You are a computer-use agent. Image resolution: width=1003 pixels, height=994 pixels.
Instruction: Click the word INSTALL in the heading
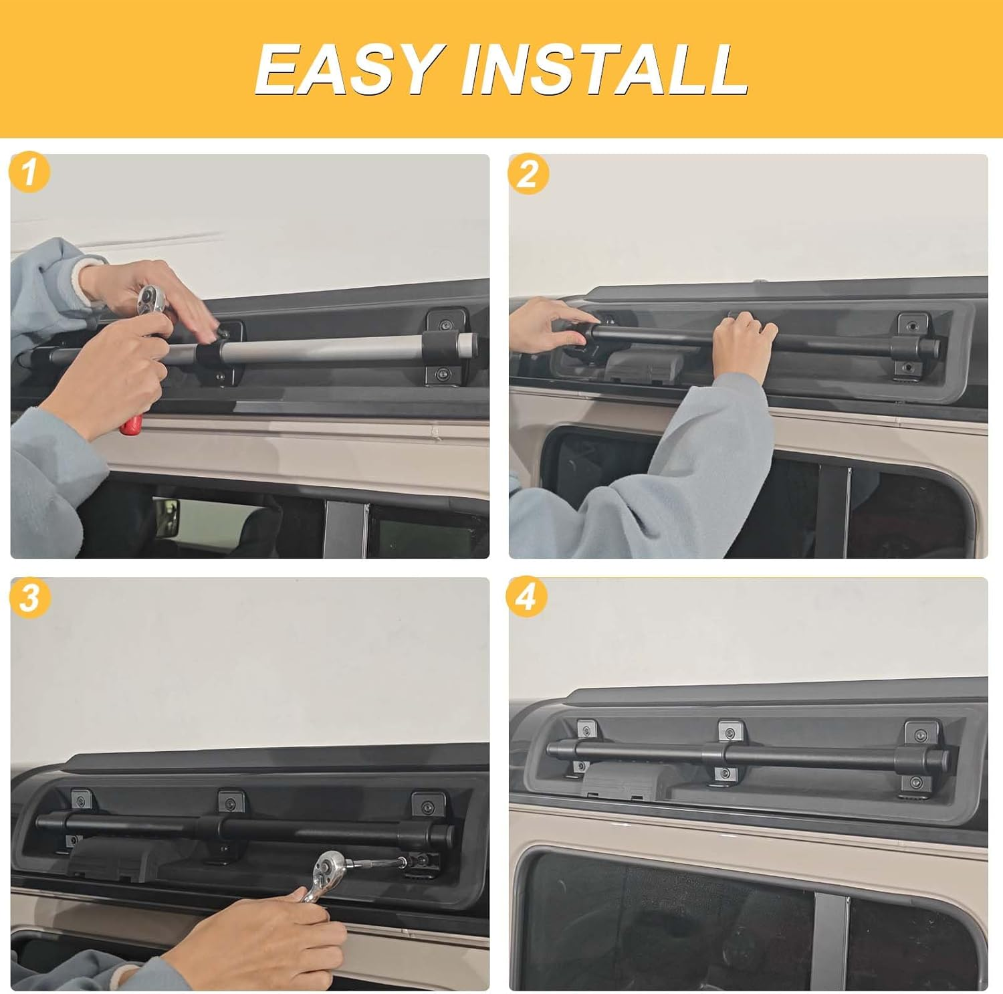[x=604, y=69]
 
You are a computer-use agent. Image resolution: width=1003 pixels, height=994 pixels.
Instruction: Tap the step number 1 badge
[x=29, y=173]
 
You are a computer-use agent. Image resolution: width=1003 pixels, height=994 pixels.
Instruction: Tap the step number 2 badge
[x=528, y=174]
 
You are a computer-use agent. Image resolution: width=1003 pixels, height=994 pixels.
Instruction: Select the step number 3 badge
[x=29, y=597]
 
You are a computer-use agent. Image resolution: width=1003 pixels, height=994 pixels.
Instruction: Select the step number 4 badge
[x=527, y=597]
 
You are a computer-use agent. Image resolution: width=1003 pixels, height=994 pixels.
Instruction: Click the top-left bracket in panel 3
[x=82, y=799]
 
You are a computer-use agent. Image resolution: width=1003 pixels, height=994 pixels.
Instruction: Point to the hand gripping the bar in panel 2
[x=744, y=341]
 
